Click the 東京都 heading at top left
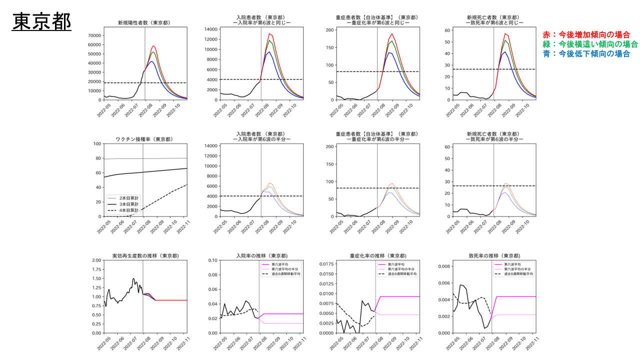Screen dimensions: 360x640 pyautogui.click(x=41, y=22)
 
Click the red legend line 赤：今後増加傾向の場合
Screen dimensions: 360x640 pyautogui.click(x=586, y=34)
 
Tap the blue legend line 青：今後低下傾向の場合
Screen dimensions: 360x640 pyautogui.click(x=586, y=53)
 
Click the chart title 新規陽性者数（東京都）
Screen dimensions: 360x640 pyautogui.click(x=142, y=22)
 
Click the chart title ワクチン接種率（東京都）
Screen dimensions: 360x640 pyautogui.click(x=142, y=139)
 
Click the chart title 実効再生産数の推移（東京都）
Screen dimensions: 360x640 pyautogui.click(x=145, y=256)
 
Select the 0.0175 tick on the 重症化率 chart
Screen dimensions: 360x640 pyautogui.click(x=325, y=264)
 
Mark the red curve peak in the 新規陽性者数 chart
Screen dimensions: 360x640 pyautogui.click(x=154, y=46)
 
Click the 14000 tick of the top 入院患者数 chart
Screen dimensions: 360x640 pyautogui.click(x=209, y=29)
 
